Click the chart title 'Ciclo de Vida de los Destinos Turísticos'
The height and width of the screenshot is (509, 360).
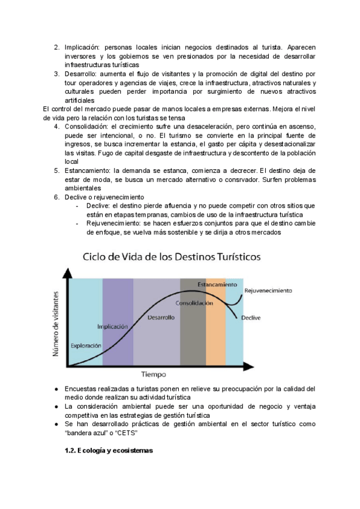tap(171, 256)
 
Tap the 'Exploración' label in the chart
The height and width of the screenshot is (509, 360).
tap(86, 345)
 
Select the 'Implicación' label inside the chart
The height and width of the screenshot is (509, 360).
tap(113, 327)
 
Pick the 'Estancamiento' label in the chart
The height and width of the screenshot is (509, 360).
tap(217, 283)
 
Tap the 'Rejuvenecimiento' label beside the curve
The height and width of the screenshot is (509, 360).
tap(268, 291)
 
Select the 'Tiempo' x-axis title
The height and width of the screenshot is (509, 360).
tap(154, 375)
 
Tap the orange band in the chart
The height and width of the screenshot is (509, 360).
tap(215, 336)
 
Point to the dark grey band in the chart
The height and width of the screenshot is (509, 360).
tap(193, 336)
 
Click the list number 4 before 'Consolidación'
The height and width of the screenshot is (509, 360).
tap(56, 127)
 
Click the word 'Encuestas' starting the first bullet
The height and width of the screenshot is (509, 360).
tap(82, 390)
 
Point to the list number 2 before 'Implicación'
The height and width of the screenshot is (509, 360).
tap(56, 47)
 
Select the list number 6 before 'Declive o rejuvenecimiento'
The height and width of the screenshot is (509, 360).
tap(56, 197)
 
